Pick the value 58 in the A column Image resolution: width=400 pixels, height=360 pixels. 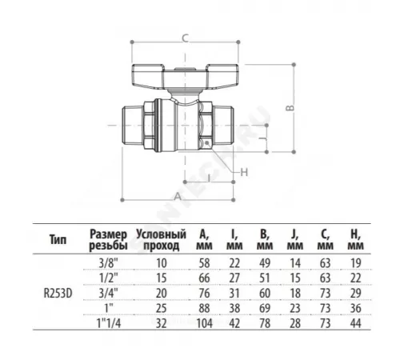[x=204, y=262]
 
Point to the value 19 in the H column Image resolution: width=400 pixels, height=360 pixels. [x=354, y=262]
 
